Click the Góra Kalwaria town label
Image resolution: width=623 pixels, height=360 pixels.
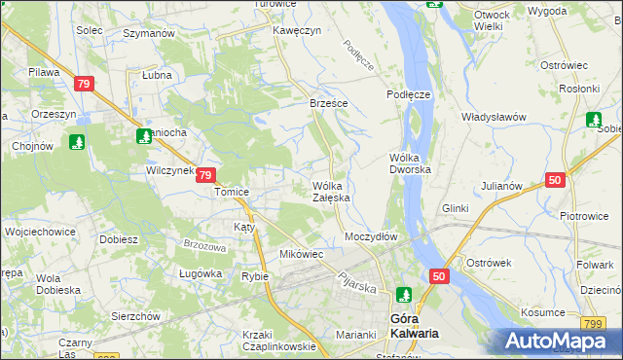pos(413,325)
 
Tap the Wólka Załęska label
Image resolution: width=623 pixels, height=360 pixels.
pos(331,192)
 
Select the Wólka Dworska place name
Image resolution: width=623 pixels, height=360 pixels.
pos(416,162)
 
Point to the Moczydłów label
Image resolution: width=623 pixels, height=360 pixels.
pos(371,236)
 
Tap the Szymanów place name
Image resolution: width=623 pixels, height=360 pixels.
pos(148,32)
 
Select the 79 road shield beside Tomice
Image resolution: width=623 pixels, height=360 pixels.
pos(204,175)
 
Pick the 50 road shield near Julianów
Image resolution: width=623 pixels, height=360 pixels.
pos(555,180)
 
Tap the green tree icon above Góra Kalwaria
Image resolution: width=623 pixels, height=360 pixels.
pos(404,293)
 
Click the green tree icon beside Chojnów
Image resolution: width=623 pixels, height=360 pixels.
pos(76,142)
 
